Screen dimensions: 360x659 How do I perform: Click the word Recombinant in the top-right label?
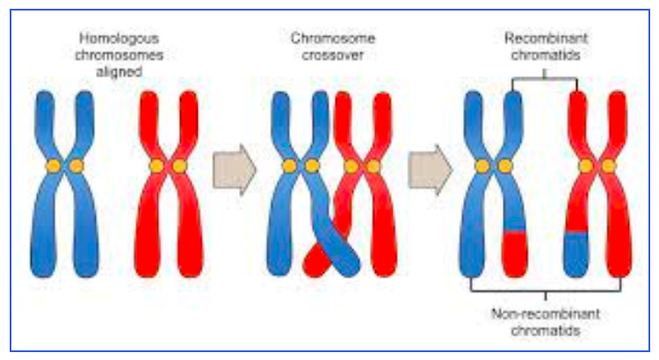pyautogui.click(x=544, y=40)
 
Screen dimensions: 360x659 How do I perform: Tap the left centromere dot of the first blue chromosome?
pyautogui.click(x=53, y=165)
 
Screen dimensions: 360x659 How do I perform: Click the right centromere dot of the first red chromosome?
pyautogui.click(x=180, y=165)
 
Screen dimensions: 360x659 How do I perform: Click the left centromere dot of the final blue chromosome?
pyautogui.click(x=482, y=165)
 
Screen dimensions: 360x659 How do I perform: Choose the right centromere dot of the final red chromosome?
pyautogui.click(x=608, y=165)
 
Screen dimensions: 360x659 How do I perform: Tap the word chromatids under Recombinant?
pyautogui.click(x=544, y=55)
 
